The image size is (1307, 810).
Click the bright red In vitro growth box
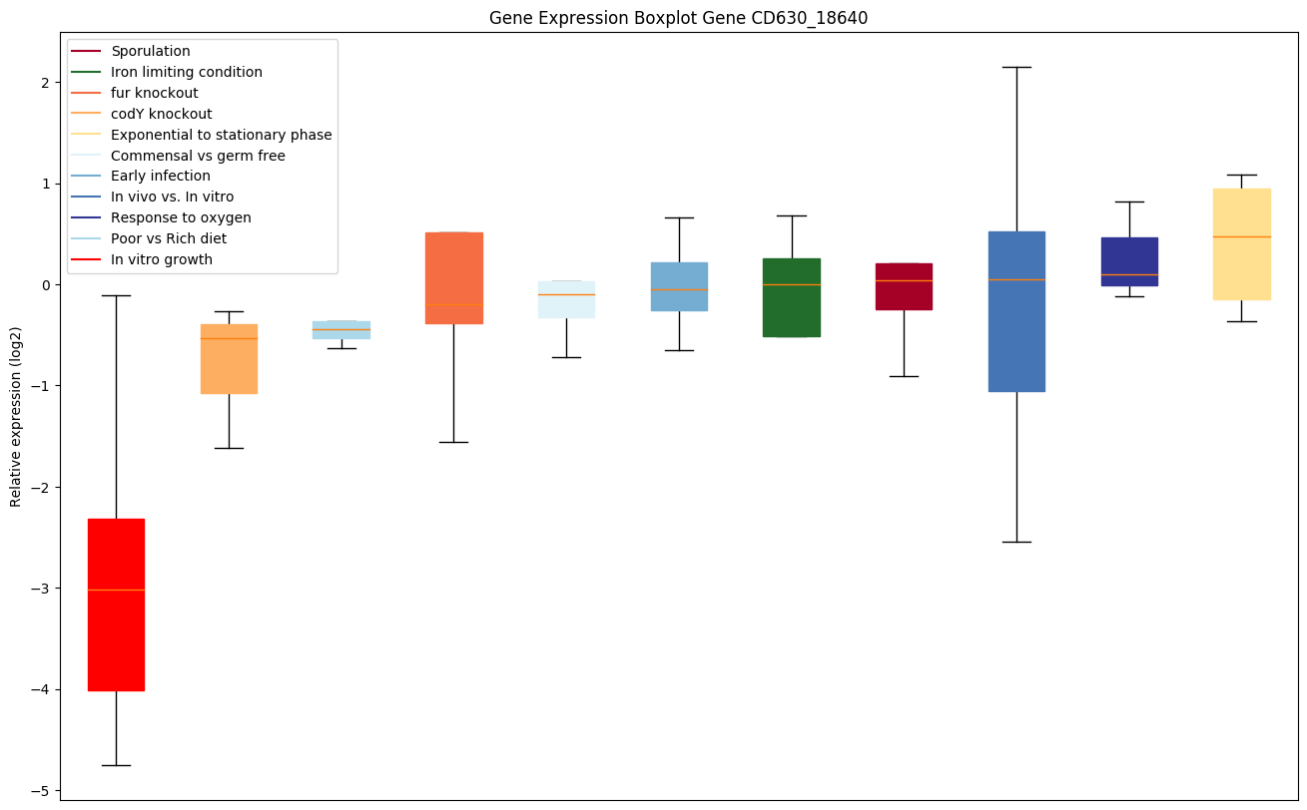point(116,605)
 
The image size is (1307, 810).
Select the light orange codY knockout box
point(229,358)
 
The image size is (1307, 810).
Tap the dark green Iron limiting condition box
point(792,297)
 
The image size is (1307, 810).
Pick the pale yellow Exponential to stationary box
point(1241,243)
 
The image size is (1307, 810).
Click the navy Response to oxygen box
point(1129,261)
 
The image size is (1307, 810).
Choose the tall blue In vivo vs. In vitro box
point(1016,311)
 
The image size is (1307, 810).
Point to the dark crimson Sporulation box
point(904,286)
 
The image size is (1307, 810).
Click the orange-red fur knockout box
point(454,277)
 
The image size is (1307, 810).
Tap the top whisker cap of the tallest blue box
point(1016,67)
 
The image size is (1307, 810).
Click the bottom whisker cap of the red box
point(116,765)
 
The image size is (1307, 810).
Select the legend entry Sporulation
point(151,51)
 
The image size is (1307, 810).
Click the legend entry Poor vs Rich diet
point(169,238)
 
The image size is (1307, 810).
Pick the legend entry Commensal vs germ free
point(198,156)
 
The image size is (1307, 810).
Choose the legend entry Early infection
point(161,176)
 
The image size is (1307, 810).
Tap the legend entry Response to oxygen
point(181,217)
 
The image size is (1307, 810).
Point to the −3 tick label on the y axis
point(41,589)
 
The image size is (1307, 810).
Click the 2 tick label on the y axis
point(45,83)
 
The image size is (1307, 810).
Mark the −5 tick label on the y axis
point(41,791)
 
